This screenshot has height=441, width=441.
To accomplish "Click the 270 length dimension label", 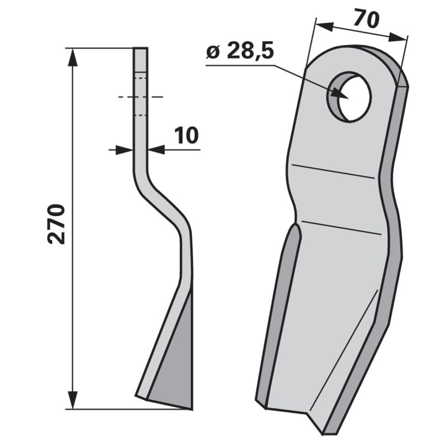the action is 57,224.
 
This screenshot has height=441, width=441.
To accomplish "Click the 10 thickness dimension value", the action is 186,136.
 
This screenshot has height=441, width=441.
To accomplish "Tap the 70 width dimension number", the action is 366,19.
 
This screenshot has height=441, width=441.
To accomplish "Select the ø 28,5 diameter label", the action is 240,51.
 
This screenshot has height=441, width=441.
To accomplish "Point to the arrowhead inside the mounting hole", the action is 340,94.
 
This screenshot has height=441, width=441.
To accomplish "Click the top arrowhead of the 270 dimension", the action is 73,58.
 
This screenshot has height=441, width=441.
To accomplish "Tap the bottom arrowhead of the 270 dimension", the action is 73,400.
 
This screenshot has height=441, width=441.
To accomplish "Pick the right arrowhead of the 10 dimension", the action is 157,150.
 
